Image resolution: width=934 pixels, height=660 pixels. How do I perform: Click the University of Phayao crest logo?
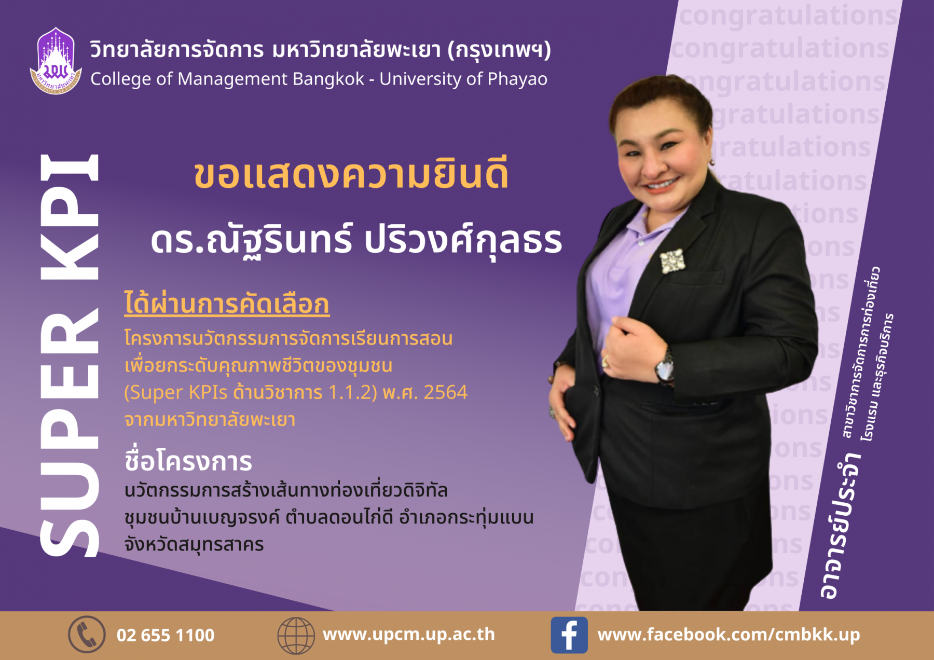coord(56,61)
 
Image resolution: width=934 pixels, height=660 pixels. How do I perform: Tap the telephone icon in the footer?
coord(87,634)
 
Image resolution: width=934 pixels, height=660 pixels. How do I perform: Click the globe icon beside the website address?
coord(296,635)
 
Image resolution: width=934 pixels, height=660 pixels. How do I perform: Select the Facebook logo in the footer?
coord(569,635)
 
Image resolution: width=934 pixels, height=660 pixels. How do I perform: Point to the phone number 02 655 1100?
coord(166,635)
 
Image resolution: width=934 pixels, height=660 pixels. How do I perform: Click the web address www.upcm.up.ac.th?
coord(409,635)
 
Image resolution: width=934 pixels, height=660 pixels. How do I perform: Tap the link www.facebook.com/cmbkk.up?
coord(729,634)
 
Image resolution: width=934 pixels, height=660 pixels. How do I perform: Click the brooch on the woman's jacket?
coord(672,260)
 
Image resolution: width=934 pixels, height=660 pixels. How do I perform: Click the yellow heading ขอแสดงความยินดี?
coord(351,174)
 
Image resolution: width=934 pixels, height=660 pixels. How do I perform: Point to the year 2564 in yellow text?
coord(446,392)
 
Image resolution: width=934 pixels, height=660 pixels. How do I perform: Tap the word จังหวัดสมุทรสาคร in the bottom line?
coord(194,544)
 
